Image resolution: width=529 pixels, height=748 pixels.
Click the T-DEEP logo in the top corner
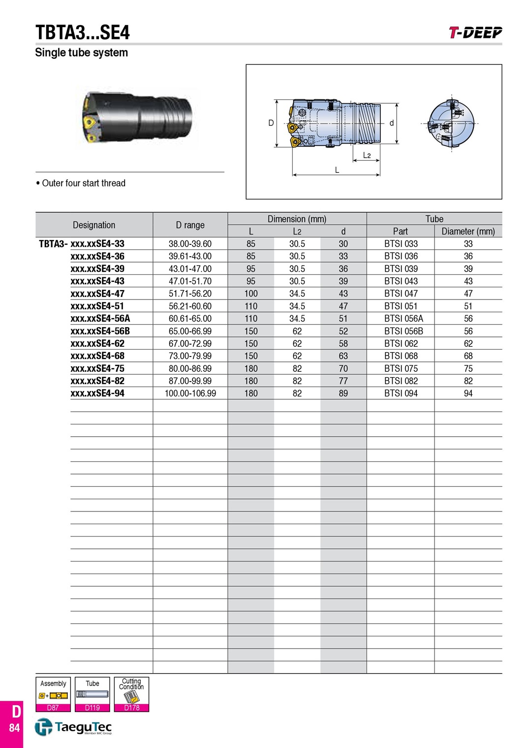[x=475, y=32]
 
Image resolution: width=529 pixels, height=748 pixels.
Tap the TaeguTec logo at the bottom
[x=73, y=727]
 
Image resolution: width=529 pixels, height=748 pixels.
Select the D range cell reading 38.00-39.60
[x=190, y=244]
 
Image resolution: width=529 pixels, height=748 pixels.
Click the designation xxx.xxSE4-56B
[x=100, y=331]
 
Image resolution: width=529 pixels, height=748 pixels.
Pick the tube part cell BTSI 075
[x=401, y=368]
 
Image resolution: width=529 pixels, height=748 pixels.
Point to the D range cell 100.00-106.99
[x=190, y=393]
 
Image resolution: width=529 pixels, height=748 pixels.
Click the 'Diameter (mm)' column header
[x=468, y=231]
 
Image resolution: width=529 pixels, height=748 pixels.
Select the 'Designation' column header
[x=94, y=225]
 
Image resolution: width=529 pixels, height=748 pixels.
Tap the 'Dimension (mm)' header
[x=297, y=219]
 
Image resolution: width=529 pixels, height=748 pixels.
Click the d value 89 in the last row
[x=343, y=393]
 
